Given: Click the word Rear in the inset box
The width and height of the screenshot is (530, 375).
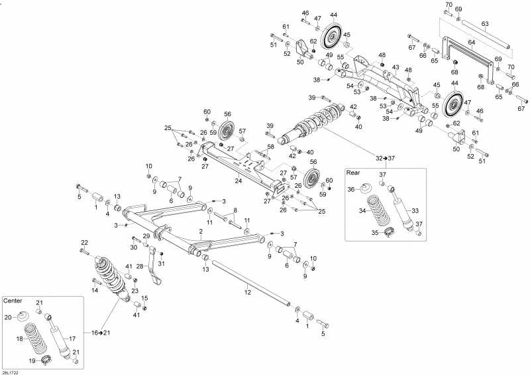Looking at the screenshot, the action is tap(353, 173).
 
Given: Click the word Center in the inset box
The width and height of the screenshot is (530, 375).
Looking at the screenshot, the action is tap(13, 301).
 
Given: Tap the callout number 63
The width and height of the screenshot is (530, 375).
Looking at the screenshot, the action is tap(485, 24).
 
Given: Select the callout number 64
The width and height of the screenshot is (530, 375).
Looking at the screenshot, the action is tap(472, 42).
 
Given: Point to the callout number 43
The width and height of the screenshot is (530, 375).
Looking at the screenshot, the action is tap(396, 68).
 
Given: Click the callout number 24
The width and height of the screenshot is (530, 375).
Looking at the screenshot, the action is tap(238, 181).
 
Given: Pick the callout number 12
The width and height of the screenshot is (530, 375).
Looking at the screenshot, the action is tap(248, 292).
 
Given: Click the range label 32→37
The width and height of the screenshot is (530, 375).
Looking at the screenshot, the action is tap(385, 158).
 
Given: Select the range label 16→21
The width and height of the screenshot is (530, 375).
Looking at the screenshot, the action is tap(101, 333).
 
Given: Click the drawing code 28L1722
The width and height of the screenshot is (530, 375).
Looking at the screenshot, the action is tap(9, 372).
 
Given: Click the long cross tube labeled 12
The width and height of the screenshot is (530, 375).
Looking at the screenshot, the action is tap(250, 283).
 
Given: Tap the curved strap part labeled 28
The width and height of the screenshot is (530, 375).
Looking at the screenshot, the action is tap(155, 265).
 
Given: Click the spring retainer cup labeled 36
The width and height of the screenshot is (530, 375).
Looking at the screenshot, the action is tap(366, 187).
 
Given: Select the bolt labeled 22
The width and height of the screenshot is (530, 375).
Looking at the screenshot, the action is tap(84, 252).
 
